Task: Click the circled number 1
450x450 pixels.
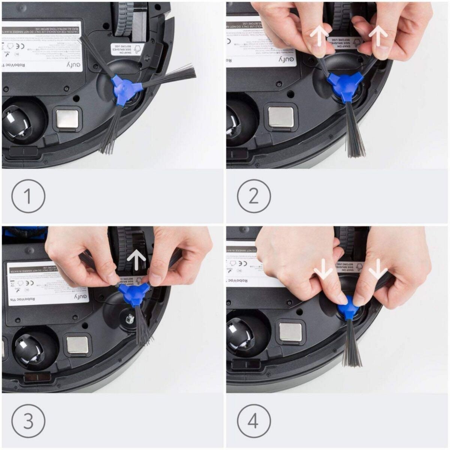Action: [28, 196]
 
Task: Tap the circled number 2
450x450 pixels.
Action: [253, 196]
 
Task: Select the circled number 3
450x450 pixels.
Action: [28, 420]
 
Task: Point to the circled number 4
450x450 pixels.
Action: [253, 420]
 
